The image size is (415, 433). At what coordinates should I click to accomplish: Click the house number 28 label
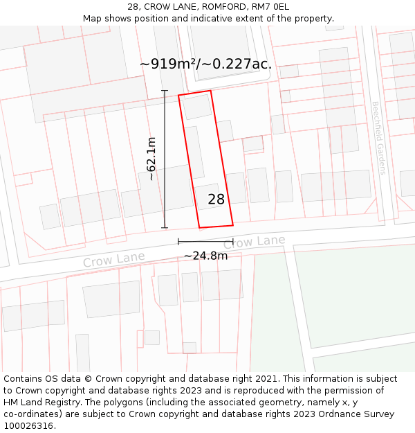click(x=216, y=200)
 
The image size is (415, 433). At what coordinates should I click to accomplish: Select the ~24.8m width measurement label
click(x=205, y=256)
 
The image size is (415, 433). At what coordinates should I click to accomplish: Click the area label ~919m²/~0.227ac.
click(x=205, y=64)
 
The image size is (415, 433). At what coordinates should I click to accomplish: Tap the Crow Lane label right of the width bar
click(x=255, y=242)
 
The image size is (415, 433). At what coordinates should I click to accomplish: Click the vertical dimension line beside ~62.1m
click(x=165, y=159)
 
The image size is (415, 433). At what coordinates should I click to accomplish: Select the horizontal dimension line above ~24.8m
click(x=205, y=241)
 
